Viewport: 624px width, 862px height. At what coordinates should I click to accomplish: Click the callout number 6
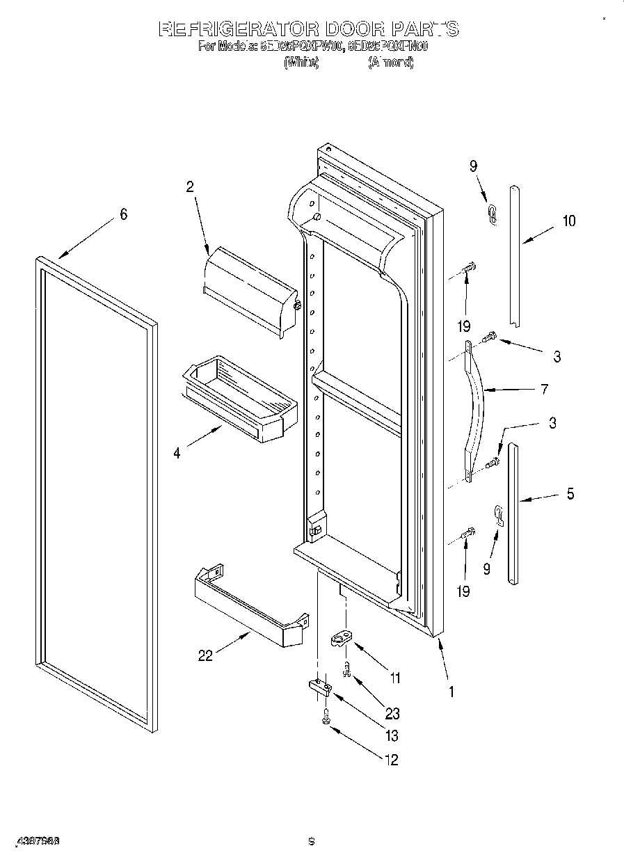pos(123,214)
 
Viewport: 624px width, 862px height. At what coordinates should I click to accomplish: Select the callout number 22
pos(205,655)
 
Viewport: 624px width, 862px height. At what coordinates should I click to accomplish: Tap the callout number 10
pos(569,221)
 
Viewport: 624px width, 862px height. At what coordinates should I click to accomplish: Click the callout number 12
pos(392,760)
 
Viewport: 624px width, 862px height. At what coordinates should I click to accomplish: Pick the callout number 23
pos(392,713)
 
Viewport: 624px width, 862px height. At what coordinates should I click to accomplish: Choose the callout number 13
pos(392,736)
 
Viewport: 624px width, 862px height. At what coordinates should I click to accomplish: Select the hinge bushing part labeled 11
pos(342,637)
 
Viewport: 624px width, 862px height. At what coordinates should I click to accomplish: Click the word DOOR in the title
pos(355,29)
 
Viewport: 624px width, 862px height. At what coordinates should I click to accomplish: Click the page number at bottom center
pos(312,842)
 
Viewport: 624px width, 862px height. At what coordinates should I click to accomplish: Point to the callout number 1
pos(451,692)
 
